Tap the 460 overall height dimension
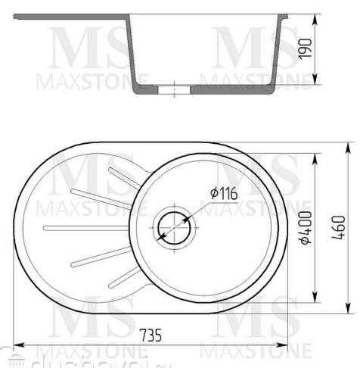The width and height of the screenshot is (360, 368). click(x=343, y=228)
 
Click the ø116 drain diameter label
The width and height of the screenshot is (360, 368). click(x=223, y=194)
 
